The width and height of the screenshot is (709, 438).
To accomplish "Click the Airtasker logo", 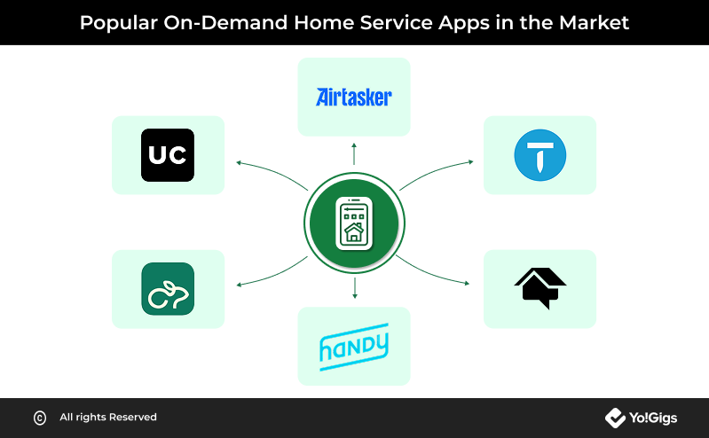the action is click(353, 97).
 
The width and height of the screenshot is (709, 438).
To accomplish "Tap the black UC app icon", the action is click(168, 155).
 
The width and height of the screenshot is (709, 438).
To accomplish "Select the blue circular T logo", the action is click(540, 155).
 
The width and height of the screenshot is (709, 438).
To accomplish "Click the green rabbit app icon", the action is click(168, 289).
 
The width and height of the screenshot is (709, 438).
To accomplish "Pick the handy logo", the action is click(354, 347).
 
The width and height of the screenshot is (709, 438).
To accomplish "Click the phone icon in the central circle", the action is click(354, 223).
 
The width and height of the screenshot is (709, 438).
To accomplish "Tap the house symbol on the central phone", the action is click(353, 232).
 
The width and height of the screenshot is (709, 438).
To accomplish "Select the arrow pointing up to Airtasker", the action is click(354, 153).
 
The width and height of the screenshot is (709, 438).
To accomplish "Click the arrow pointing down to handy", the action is click(355, 288).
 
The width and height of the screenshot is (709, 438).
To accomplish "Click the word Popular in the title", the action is click(119, 22).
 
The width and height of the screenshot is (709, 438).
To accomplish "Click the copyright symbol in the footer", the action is click(40, 418).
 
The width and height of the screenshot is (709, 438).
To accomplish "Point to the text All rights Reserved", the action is click(108, 418).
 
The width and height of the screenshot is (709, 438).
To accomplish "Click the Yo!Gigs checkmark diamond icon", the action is click(615, 418).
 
